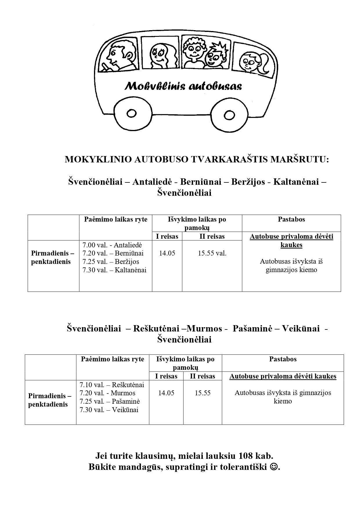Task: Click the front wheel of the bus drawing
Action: point(131,113)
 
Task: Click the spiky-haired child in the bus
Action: point(215,57)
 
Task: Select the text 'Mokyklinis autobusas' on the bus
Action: point(183,86)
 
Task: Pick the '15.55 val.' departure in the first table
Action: point(212,253)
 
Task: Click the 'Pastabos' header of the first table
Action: point(291,219)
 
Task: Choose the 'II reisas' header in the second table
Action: point(202,376)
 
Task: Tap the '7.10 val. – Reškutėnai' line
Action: point(112,385)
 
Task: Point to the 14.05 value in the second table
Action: point(166,393)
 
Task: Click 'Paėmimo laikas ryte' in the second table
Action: point(113,359)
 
